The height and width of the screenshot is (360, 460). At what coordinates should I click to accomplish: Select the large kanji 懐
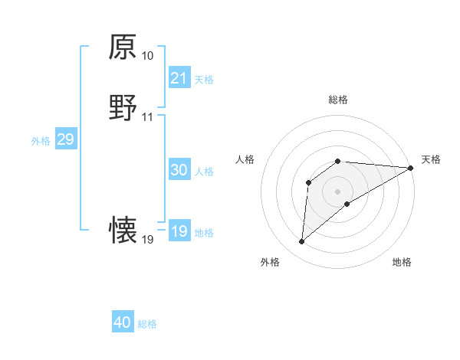coord(123,231)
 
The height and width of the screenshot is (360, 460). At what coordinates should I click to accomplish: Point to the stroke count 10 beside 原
coord(147,56)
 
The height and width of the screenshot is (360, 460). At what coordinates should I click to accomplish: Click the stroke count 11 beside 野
coord(147,117)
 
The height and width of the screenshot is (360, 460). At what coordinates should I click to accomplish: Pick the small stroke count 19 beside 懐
coord(147,240)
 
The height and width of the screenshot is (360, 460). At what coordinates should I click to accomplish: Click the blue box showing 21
coord(179,78)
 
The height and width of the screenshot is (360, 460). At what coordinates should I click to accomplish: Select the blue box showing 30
coord(179,170)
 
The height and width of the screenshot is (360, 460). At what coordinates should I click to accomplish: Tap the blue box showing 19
coord(179,231)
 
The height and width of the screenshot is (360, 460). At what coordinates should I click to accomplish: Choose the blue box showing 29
coord(65,139)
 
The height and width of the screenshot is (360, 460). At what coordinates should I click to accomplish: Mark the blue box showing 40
coord(123,322)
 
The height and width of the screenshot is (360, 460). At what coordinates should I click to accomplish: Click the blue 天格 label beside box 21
coord(204,79)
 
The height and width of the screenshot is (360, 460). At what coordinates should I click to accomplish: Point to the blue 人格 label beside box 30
coord(204,171)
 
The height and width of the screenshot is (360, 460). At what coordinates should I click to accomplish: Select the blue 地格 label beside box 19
coord(204,232)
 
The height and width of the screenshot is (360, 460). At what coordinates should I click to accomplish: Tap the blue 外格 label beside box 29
coord(41,140)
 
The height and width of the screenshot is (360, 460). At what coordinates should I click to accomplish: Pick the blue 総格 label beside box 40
coord(147,324)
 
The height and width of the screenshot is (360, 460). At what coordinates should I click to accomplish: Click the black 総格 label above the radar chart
coord(338,100)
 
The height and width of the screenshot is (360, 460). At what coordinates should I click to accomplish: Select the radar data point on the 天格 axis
coord(411,168)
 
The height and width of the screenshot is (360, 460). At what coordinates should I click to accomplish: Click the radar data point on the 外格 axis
coord(301,242)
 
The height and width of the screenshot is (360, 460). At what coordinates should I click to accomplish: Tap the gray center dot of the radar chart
coord(337,191)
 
